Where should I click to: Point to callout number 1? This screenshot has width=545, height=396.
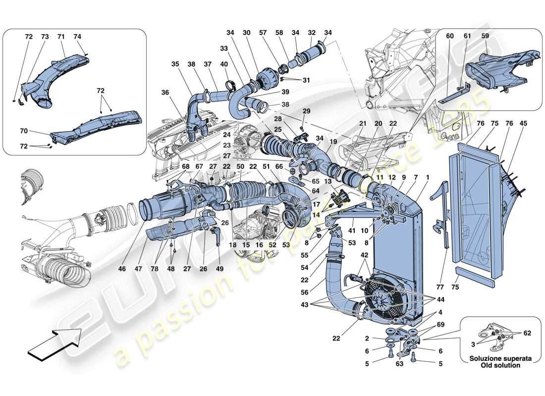[427, 177]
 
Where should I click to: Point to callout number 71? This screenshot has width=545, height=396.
[61, 37]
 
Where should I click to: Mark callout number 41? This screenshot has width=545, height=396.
[351, 231]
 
